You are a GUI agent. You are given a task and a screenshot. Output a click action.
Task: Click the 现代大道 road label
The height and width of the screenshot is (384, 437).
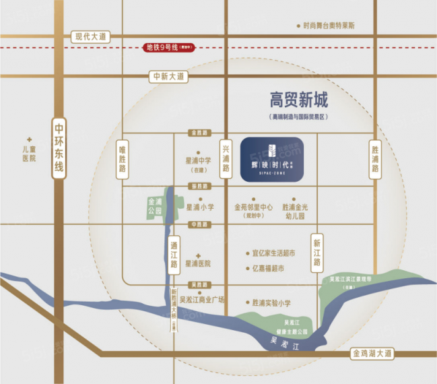coord(92,37)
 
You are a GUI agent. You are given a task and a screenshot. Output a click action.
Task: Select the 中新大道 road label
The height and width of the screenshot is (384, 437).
coord(168,77)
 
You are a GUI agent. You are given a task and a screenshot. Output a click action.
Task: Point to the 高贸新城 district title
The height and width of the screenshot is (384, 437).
coord(298,101)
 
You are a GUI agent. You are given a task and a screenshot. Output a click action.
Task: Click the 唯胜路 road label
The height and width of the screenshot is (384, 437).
coord(123,160)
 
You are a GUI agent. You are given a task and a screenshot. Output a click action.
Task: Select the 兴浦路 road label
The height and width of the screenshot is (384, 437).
coord(226,158)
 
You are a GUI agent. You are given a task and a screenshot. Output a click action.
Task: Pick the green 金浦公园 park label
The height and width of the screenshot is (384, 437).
coord(154,206)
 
